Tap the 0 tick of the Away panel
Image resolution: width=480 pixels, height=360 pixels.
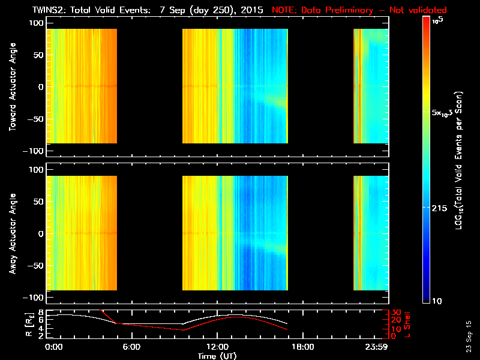tap(40, 233)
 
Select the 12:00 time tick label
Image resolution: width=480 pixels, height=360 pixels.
tap(217, 347)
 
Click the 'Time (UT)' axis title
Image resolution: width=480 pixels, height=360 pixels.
tap(217, 356)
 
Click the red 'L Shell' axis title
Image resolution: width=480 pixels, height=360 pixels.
tap(408, 324)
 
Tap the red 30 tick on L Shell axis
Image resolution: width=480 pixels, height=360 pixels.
tap(395, 312)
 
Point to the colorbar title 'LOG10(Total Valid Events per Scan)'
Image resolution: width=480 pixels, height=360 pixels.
tap(461, 161)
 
